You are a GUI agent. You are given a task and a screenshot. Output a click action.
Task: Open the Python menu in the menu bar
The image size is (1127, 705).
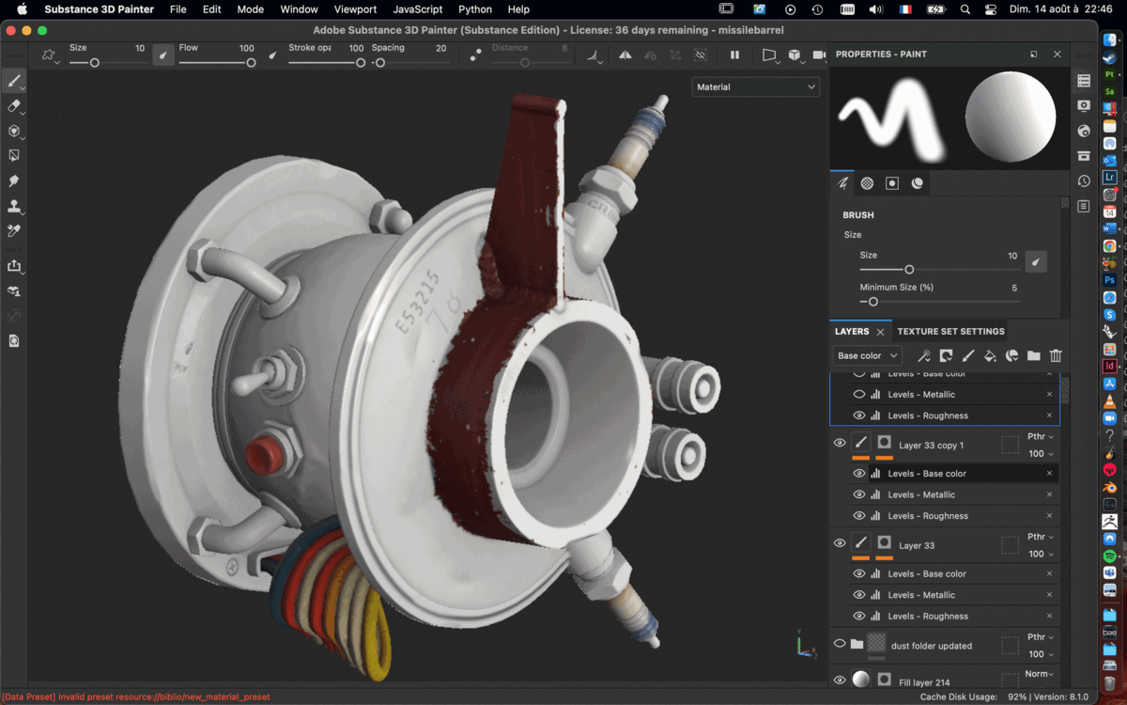(x=474, y=9)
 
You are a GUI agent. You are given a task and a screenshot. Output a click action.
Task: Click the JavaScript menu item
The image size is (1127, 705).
(x=417, y=9)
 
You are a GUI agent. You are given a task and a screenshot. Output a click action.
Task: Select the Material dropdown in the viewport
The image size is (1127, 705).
(x=755, y=87)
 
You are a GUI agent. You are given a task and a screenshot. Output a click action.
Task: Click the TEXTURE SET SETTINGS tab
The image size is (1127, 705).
(x=950, y=331)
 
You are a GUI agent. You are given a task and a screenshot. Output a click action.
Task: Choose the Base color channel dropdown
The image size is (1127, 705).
(x=867, y=356)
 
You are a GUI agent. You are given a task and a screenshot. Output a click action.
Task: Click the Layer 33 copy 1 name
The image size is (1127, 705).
(x=931, y=446)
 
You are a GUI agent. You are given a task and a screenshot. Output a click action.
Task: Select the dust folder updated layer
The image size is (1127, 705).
(x=931, y=646)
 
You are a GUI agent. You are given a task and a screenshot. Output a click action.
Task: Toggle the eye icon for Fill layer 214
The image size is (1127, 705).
(x=840, y=680)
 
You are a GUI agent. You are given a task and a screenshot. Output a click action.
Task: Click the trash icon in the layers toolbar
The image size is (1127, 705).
(x=1056, y=356)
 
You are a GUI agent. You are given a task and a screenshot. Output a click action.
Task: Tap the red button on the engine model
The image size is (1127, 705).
(x=264, y=456)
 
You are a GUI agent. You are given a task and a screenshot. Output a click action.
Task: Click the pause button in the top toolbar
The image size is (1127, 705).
(x=734, y=55)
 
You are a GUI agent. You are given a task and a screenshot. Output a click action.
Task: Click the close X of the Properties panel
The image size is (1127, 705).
(x=1057, y=55)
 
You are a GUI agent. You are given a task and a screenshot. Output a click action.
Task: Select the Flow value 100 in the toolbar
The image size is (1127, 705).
(x=246, y=48)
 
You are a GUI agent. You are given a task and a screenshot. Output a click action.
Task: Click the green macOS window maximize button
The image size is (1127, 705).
(x=42, y=31)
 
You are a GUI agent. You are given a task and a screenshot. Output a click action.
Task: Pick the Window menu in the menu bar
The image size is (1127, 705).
(x=299, y=9)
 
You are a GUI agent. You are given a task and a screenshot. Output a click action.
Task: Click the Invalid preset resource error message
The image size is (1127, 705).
(x=136, y=697)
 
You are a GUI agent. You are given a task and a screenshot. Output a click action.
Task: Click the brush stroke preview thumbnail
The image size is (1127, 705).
(x=891, y=117)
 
